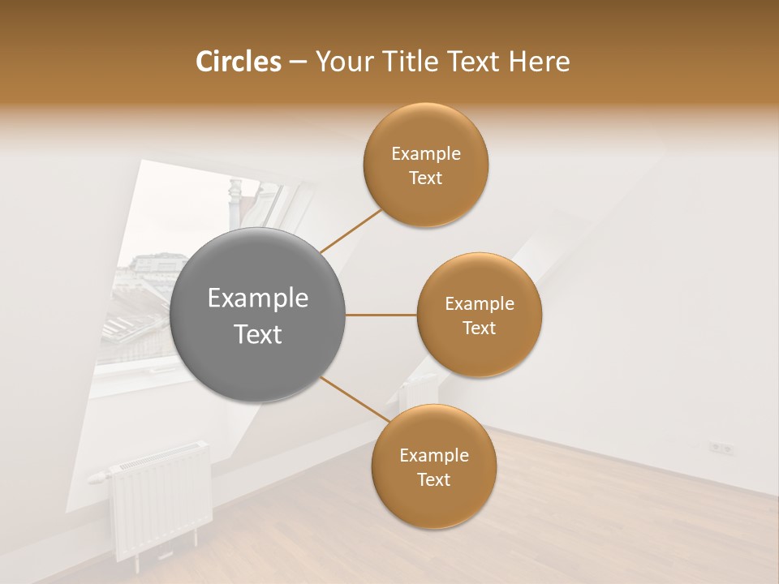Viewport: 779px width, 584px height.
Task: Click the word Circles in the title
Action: tap(238, 62)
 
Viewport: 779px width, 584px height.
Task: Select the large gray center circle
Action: tap(257, 315)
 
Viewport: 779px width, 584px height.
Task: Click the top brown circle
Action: tap(425, 165)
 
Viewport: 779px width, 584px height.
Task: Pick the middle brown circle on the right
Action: tap(479, 315)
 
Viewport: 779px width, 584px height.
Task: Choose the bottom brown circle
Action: tap(433, 466)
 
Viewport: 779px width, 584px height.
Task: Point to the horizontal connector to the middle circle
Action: tap(381, 315)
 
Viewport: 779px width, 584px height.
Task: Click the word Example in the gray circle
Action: tap(257, 298)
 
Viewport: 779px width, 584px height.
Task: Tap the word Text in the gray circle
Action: tap(257, 334)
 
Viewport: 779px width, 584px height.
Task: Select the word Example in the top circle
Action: tap(425, 154)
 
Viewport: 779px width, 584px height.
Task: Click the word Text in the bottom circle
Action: tap(433, 479)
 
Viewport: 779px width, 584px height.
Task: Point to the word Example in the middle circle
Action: tap(479, 304)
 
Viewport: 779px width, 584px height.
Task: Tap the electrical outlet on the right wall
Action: tap(721, 447)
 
